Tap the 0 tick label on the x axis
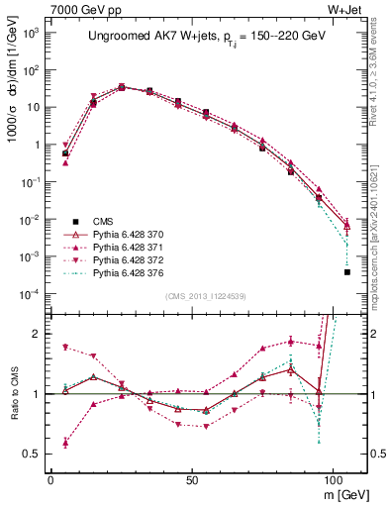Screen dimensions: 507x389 click(x=50, y=477)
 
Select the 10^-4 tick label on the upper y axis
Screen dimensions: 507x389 click(x=28, y=294)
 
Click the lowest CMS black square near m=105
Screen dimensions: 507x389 click(x=346, y=271)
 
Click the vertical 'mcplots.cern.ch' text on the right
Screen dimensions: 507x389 click(x=380, y=248)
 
